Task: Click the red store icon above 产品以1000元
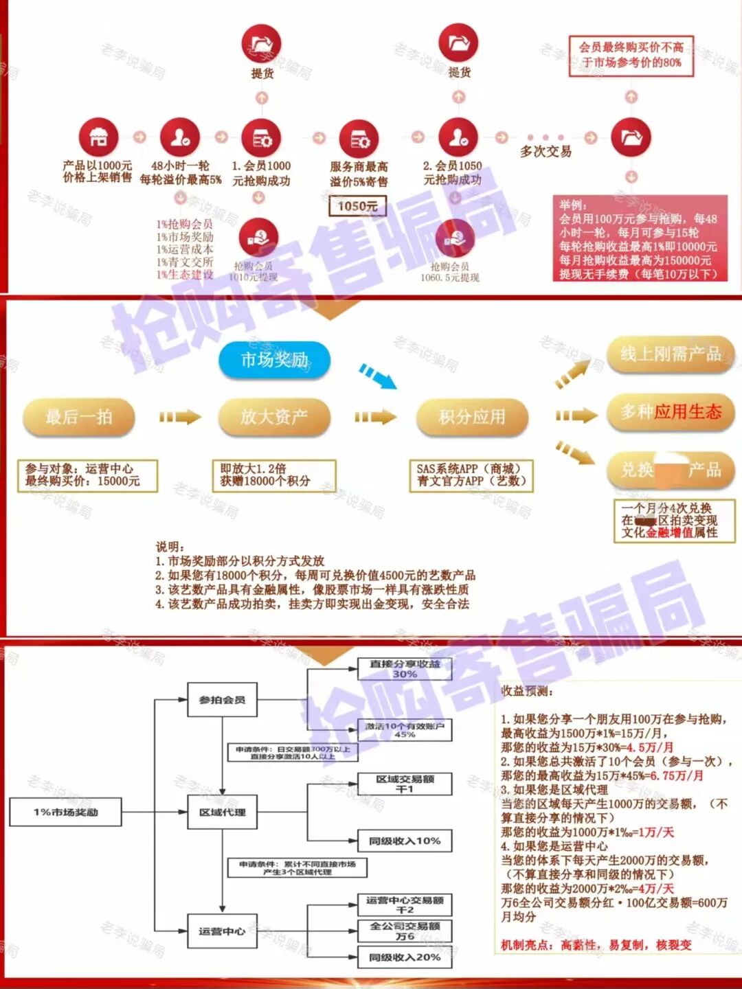pyautogui.click(x=98, y=137)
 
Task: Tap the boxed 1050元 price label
pyautogui.click(x=357, y=205)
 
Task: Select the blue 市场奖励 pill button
pyautogui.click(x=274, y=360)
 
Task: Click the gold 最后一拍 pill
pyautogui.click(x=78, y=417)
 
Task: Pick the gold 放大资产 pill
pyautogui.click(x=273, y=417)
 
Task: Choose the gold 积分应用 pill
pyautogui.click(x=472, y=417)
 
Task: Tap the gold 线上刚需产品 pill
pyautogui.click(x=671, y=354)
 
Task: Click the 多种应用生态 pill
pyautogui.click(x=671, y=412)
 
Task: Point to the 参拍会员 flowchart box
pyautogui.click(x=222, y=700)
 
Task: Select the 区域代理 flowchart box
pyautogui.click(x=222, y=812)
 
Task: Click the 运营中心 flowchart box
pyautogui.click(x=222, y=931)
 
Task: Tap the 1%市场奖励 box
pyautogui.click(x=66, y=812)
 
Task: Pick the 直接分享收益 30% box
pyautogui.click(x=405, y=669)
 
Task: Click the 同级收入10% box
pyautogui.click(x=405, y=841)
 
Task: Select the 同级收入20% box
pyautogui.click(x=405, y=957)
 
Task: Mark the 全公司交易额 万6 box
pyautogui.click(x=405, y=931)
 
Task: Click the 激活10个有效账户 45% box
pyautogui.click(x=405, y=730)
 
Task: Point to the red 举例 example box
pyautogui.click(x=640, y=238)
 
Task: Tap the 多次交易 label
pyautogui.click(x=546, y=151)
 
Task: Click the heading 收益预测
pyautogui.click(x=527, y=691)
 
